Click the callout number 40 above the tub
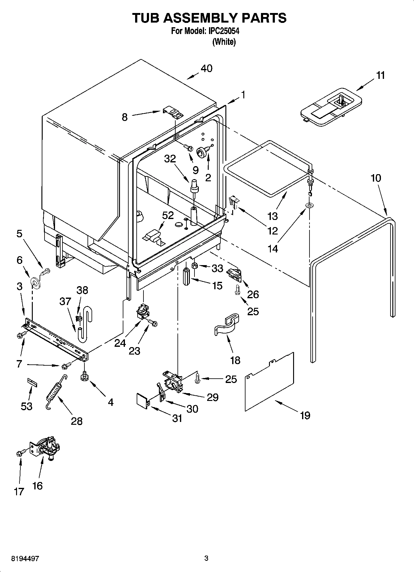click(x=207, y=68)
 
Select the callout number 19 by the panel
click(x=305, y=415)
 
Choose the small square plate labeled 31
click(x=143, y=399)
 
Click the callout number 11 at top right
click(x=381, y=75)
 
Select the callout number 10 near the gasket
click(x=376, y=178)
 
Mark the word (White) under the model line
click(x=224, y=42)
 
